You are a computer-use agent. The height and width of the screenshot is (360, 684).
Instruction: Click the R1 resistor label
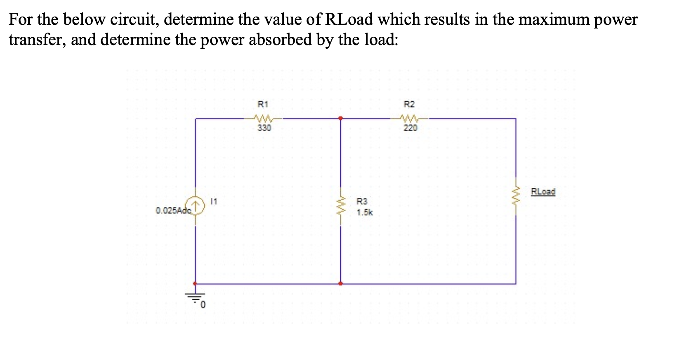(263, 104)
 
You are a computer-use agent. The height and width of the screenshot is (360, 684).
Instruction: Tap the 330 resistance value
(264, 128)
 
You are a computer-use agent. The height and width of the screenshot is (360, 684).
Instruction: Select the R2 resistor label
(409, 104)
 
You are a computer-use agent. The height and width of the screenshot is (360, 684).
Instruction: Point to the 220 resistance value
(410, 128)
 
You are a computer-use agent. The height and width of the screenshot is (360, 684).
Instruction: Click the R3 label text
(362, 201)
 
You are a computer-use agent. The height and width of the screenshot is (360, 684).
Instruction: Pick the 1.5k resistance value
(365, 213)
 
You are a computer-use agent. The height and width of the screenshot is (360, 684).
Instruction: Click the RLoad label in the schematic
(543, 192)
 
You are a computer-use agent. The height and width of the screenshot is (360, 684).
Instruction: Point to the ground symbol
(195, 297)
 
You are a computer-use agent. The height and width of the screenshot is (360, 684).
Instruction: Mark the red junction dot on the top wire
(340, 118)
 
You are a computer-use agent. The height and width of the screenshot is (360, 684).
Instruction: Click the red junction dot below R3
(340, 284)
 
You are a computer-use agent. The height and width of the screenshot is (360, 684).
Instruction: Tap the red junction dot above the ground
(195, 284)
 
